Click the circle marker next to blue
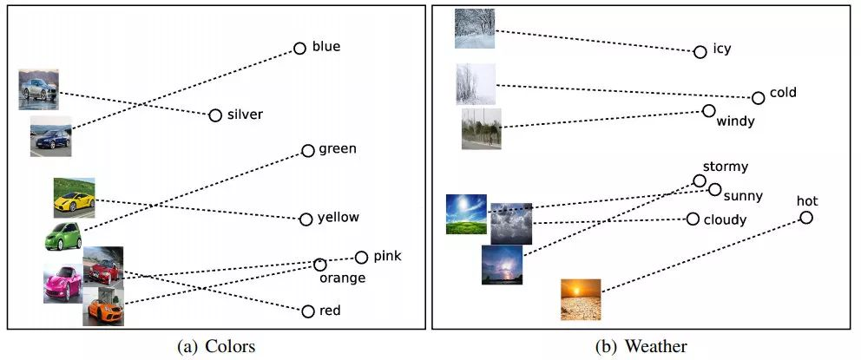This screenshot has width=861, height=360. click(299, 49)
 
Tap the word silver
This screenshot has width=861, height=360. click(245, 115)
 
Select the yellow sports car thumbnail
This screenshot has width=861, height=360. click(74, 198)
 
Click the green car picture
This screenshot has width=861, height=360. click(63, 236)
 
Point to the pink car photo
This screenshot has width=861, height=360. click(63, 283)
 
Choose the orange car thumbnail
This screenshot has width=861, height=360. click(103, 306)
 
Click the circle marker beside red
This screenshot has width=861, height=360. click(308, 311)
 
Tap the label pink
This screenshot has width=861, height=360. click(388, 256)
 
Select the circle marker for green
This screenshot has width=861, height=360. click(308, 151)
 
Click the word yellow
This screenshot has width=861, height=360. click(338, 218)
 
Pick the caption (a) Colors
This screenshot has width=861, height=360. click(216, 346)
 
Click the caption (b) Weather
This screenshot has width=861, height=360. click(641, 346)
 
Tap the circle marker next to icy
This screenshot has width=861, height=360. click(700, 52)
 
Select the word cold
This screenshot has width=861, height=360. click(783, 92)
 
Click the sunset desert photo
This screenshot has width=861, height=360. click(581, 299)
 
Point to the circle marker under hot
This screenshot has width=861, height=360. click(805, 218)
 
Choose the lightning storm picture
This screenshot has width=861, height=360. click(502, 265)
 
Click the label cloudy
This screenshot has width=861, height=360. click(726, 220)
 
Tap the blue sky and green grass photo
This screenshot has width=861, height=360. click(467, 214)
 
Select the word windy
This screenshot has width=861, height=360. click(736, 121)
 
